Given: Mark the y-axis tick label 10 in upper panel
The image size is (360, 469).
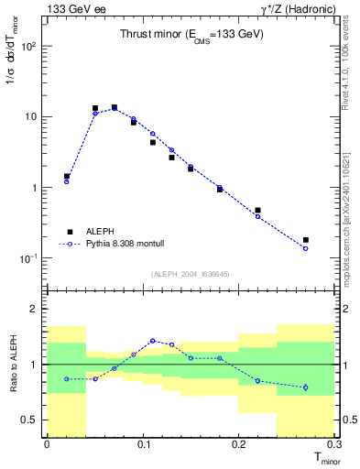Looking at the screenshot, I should click(x=33, y=116).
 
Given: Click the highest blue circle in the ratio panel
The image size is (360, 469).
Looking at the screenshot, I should click(x=153, y=341).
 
